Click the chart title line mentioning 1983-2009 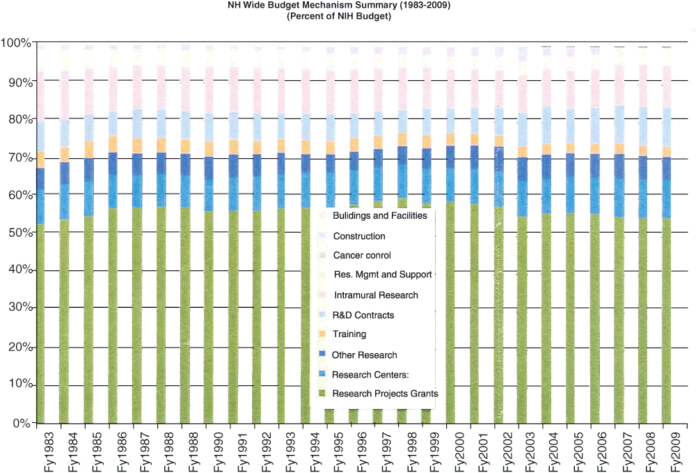point(339,6)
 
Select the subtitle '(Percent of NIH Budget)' point(339,17)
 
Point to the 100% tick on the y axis point(16,43)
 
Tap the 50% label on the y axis point(20,233)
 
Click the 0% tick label point(22,424)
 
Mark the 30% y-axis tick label point(20,307)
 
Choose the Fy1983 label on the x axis point(49,451)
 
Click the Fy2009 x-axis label point(676,451)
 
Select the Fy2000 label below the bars point(459,451)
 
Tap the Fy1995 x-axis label point(339,451)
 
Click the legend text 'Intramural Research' point(376,295)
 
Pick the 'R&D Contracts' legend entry point(363,315)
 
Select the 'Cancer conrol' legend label point(362,256)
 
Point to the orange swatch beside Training point(322,334)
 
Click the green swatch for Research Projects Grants point(322,393)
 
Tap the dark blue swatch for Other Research point(322,354)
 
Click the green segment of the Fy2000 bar point(450,313)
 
